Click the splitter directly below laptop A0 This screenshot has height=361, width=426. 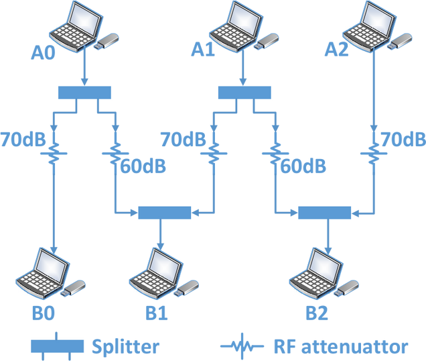(84, 92)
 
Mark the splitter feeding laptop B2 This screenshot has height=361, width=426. (324, 213)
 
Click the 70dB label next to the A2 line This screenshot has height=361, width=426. (402, 139)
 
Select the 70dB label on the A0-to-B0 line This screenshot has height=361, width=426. (23, 139)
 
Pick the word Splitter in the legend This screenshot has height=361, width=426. (125, 346)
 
